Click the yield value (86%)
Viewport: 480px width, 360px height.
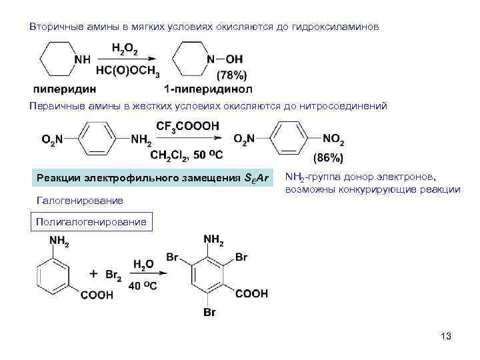[328, 159]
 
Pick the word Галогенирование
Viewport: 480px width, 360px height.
[81, 201]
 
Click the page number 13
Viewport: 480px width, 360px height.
[446, 336]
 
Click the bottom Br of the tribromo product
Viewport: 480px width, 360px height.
[209, 312]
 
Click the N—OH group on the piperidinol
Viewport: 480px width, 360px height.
[227, 59]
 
